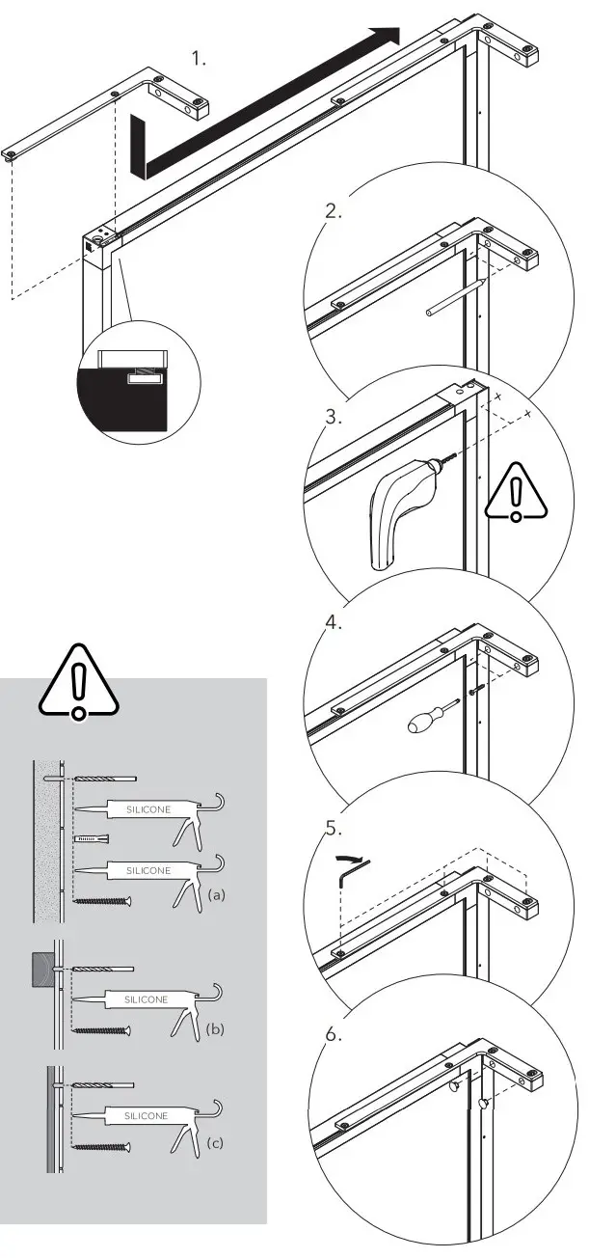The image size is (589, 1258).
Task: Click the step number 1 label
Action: point(199,59)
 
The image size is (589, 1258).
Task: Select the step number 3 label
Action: point(333,418)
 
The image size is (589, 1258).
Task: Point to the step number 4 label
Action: point(334,623)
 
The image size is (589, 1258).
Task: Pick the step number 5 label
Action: point(334,828)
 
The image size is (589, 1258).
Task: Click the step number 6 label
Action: point(334,1034)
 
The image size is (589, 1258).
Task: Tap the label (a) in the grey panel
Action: point(217,895)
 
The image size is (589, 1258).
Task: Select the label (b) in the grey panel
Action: point(215,1029)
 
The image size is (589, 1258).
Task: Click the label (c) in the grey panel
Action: point(215,1144)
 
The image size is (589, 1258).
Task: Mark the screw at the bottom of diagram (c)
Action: point(102,1146)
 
